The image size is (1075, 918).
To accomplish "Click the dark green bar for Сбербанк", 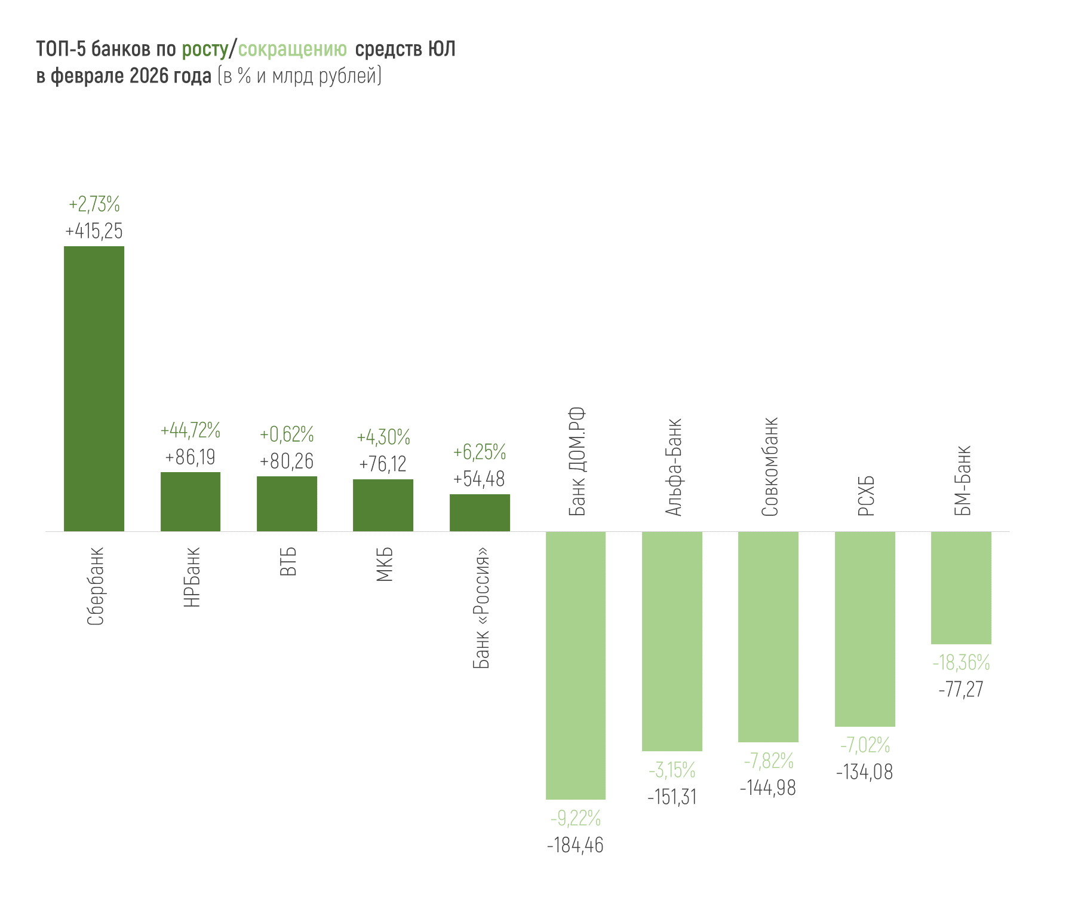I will click(94, 388).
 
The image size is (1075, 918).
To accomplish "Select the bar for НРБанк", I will click(191, 501).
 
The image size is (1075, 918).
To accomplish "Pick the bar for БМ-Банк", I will click(961, 587).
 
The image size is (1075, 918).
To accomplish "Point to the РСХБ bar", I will click(865, 629).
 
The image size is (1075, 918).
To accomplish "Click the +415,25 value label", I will click(94, 231).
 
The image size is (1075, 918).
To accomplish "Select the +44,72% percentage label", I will click(191, 430).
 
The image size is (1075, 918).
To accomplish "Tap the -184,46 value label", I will click(575, 846).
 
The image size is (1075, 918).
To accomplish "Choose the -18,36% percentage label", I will click(961, 663).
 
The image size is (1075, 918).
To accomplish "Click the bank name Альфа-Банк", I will click(673, 467).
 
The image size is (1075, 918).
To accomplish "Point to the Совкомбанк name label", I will click(770, 467).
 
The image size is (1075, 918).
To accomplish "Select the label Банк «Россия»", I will click(481, 607).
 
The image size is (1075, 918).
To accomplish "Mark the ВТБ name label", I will click(288, 561).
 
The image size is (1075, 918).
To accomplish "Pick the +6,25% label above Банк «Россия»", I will click(480, 452).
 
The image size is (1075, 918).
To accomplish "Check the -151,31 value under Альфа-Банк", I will click(672, 797).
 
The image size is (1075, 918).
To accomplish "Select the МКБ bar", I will click(383, 505).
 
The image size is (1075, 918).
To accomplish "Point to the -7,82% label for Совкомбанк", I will click(769, 761).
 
